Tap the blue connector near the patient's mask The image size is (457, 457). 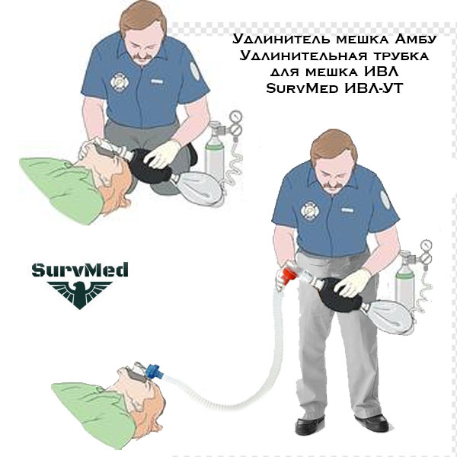coord(154,372)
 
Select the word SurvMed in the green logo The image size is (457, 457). coord(80,270)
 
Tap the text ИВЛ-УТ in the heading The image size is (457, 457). coord(374,88)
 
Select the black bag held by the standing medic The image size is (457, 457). coord(343,294)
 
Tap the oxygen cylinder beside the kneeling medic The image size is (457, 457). coord(214,152)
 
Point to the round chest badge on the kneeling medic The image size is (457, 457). coord(120,82)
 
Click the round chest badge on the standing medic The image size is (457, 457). coord(310,210)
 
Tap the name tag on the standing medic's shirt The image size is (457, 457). coord(347,209)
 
